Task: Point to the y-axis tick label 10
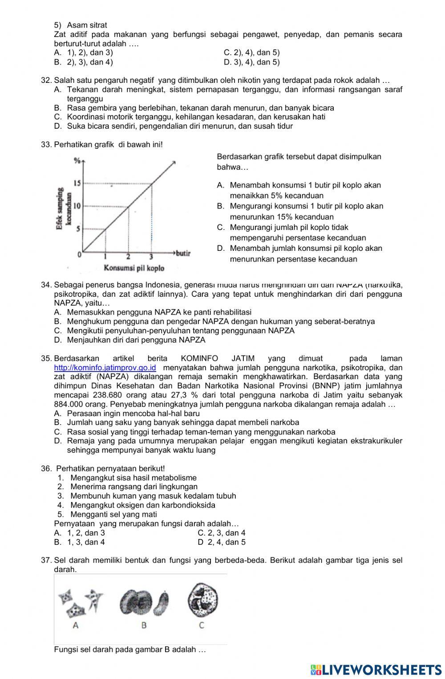click(x=77, y=206)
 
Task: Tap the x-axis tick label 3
click(x=151, y=257)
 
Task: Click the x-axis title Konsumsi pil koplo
click(x=134, y=268)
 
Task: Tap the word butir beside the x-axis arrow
click(x=183, y=253)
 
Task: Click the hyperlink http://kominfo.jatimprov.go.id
click(x=105, y=368)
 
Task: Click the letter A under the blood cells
click(x=76, y=625)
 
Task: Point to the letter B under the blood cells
click(x=144, y=625)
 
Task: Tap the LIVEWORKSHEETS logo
click(x=376, y=669)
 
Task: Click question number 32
click(x=46, y=80)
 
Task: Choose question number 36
click(x=46, y=468)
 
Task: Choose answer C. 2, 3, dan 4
click(x=222, y=533)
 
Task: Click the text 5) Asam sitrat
click(x=81, y=25)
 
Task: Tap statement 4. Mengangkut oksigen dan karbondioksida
click(x=137, y=505)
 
